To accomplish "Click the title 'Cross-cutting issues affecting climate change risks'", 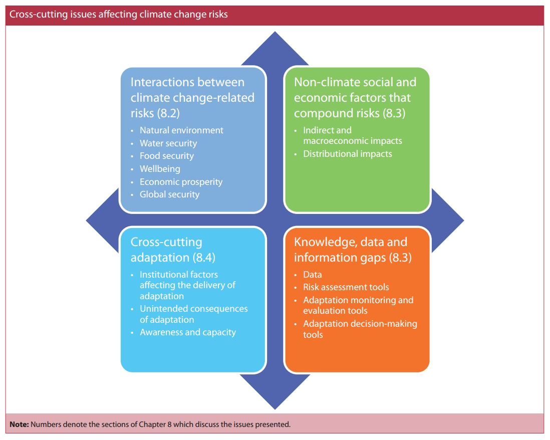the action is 119,15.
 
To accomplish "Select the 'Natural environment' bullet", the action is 181,130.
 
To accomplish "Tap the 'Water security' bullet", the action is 168,143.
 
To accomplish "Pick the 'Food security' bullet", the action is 167,156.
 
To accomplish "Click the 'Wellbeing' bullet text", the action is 160,169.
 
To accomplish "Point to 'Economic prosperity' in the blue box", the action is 181,182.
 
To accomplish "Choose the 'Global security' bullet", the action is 169,194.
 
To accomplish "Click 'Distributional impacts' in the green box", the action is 348,154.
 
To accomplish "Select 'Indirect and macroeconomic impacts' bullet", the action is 353,135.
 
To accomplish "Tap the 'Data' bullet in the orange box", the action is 313,275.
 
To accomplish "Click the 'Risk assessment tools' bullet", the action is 346,287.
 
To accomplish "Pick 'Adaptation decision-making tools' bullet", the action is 360,329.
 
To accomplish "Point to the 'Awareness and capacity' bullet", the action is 188,332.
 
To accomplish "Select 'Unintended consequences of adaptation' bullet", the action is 194,314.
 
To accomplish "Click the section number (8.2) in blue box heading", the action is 168,113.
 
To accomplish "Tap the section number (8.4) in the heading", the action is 204,258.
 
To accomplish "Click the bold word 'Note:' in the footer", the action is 20,424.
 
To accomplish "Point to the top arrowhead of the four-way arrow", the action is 275,32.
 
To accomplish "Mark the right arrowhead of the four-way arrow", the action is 463,221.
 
